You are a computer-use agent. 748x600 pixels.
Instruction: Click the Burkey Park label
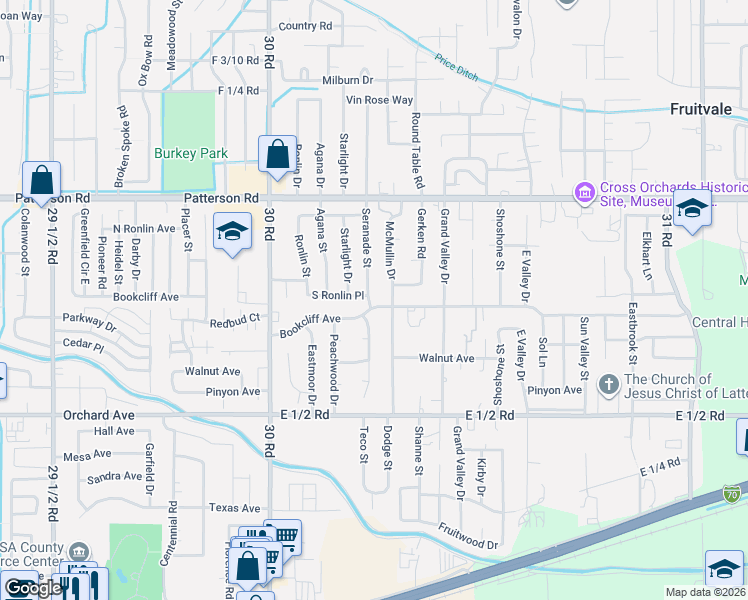[191, 153]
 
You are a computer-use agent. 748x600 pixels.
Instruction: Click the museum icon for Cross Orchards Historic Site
[583, 191]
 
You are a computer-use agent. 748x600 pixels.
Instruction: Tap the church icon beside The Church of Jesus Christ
[608, 384]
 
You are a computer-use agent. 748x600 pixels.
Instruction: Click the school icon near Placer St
[232, 233]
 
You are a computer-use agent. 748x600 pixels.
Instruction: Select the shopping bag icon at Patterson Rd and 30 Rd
[277, 155]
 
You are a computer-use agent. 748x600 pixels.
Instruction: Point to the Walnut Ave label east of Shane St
[446, 358]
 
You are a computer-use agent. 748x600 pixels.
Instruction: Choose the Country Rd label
[305, 26]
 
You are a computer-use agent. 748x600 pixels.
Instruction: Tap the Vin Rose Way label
[379, 100]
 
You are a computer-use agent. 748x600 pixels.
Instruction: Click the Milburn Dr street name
[347, 80]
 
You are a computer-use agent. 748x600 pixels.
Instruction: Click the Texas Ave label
[236, 508]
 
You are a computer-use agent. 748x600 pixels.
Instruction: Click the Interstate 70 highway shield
[731, 493]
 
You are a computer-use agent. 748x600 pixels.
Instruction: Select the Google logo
[34, 588]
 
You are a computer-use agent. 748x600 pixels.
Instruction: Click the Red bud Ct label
[235, 320]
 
